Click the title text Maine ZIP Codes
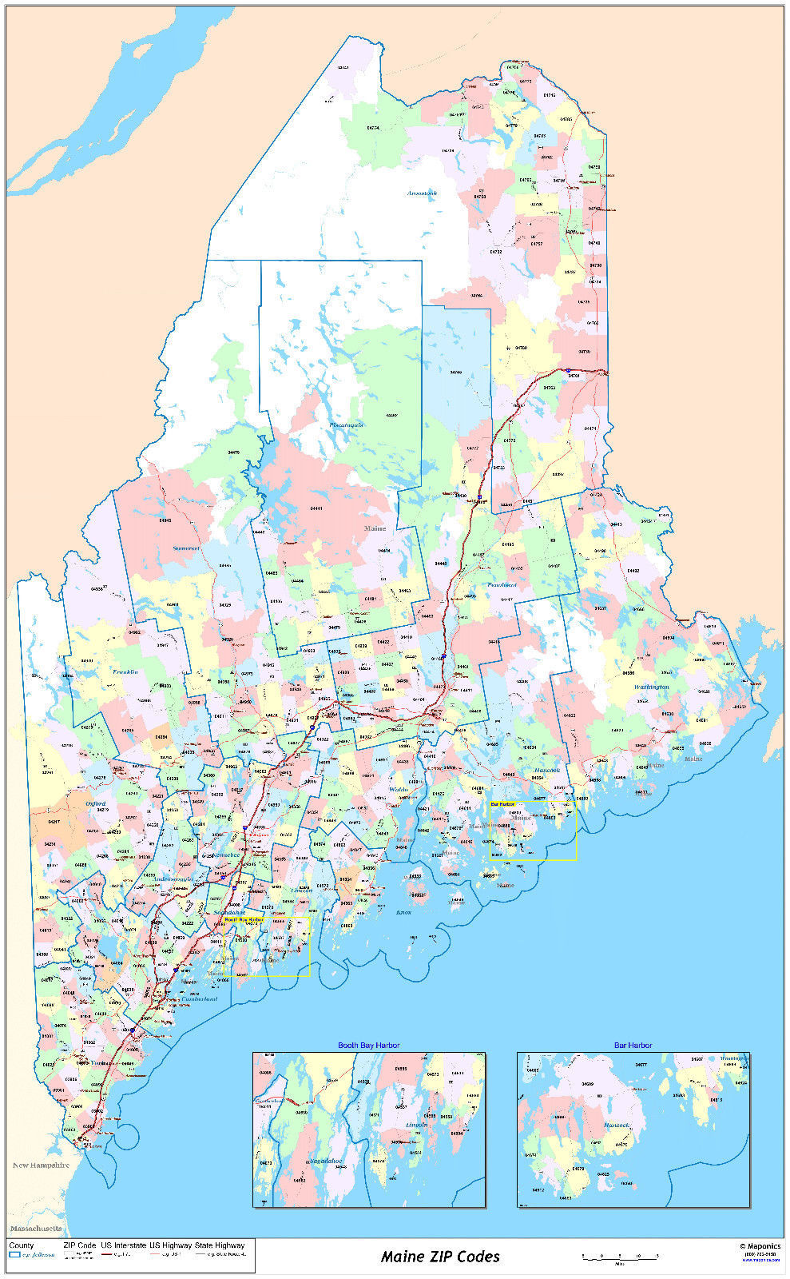[x=440, y=1256]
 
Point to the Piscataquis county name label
[x=346, y=424]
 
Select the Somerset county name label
[x=185, y=548]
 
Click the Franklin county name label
[x=125, y=671]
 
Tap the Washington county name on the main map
[x=652, y=687]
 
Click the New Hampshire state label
[x=41, y=1165]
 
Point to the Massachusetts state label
[x=35, y=1227]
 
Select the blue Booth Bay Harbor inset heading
[x=368, y=1045]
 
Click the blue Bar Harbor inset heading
[x=633, y=1045]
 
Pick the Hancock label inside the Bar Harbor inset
[x=616, y=1125]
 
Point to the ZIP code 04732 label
[x=495, y=252]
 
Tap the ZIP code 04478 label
[x=234, y=452]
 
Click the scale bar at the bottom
[x=619, y=1256]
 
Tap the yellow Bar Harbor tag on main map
[x=502, y=803]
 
